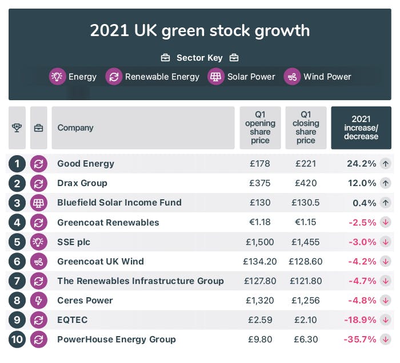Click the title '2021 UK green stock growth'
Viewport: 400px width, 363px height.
coord(199,30)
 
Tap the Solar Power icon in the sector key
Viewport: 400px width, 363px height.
coord(216,77)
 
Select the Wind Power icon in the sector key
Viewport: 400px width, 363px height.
coord(292,77)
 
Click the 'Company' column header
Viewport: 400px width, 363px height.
coord(75,128)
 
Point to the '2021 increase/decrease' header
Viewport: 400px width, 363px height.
coord(361,128)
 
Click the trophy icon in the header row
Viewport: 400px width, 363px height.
coord(17,128)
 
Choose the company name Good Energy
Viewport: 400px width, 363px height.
coord(86,164)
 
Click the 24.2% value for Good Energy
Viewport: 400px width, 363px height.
coord(361,164)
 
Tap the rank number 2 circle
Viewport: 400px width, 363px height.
coord(17,183)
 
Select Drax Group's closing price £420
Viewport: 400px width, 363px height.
coord(306,183)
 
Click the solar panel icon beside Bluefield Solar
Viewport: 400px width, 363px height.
coord(38,203)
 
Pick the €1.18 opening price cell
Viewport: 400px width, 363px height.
coord(260,222)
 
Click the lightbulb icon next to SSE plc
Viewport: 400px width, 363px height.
coord(38,242)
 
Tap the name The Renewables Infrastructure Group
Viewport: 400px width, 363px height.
coord(141,281)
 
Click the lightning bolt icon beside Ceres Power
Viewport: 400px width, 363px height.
coord(38,300)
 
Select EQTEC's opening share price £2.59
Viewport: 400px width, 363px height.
coord(260,319)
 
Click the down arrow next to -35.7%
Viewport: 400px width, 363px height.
coord(386,339)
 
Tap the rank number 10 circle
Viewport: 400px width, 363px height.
coord(17,339)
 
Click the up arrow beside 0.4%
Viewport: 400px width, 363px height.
coord(386,203)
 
